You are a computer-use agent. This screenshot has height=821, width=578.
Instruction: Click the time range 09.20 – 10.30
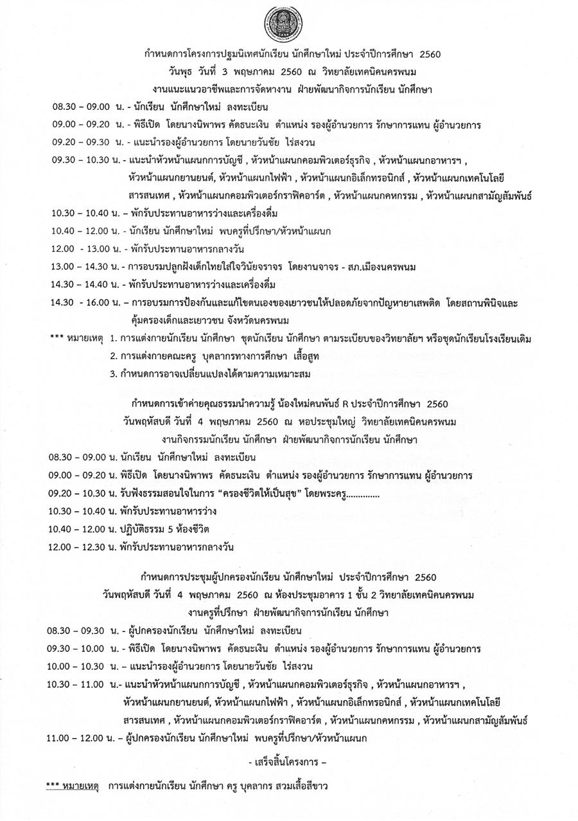77,493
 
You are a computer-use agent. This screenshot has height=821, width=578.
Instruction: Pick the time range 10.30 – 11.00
76,685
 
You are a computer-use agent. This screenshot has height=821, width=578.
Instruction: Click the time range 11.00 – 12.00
76,738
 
